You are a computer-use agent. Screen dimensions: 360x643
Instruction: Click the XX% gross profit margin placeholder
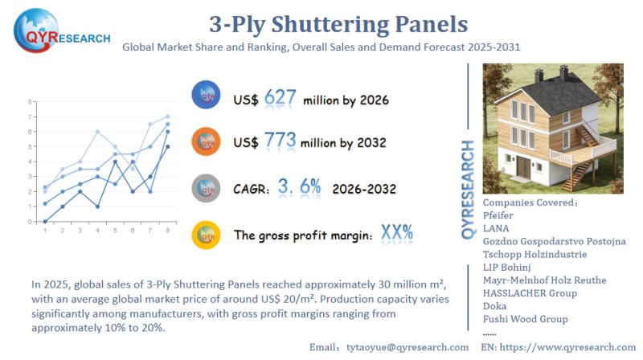pos(396,234)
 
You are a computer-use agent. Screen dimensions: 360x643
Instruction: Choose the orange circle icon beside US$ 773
pos(207,141)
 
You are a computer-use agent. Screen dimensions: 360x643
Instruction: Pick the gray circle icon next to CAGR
pos(207,189)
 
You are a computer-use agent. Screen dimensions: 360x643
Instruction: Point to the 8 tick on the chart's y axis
pos(30,102)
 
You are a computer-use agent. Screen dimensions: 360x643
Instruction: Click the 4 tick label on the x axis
pos(97,231)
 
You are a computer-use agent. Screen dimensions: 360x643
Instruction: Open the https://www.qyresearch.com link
pos(568,346)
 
